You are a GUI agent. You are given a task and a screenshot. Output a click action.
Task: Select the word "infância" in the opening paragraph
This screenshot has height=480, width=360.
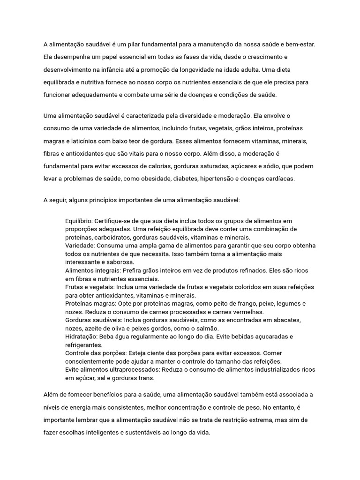[x=129, y=69]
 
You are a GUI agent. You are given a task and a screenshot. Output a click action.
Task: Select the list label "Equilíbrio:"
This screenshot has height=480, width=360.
[x=79, y=221]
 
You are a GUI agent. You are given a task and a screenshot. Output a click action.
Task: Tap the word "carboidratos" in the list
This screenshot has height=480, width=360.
[x=111, y=237]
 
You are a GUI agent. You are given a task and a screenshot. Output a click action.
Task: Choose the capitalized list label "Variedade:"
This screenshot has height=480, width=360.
[x=80, y=246]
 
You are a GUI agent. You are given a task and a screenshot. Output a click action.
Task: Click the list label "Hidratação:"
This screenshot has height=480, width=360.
[x=82, y=337]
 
